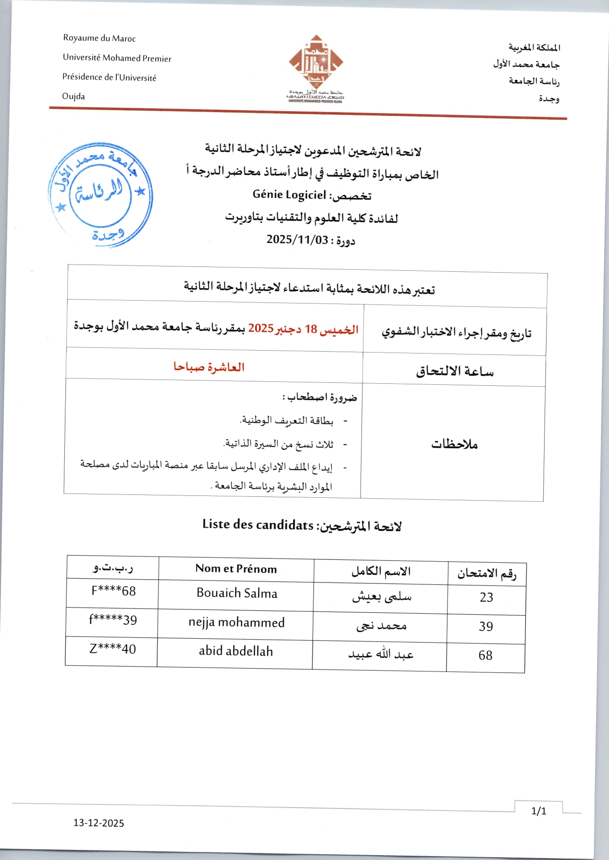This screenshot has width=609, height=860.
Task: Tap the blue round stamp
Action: tap(100, 195)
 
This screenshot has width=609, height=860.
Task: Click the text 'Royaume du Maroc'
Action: tap(99, 38)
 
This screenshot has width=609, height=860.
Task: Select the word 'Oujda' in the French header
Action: tap(74, 96)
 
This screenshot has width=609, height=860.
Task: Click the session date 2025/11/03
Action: tap(297, 240)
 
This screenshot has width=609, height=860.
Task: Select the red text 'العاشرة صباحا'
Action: tap(209, 367)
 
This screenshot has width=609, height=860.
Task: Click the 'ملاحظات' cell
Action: tap(454, 444)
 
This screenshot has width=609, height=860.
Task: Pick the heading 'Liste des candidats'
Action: tap(258, 524)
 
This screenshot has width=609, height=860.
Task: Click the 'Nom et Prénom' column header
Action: tap(236, 569)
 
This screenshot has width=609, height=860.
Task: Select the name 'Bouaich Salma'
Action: tap(237, 593)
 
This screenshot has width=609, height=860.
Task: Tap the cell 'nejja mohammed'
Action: tap(236, 622)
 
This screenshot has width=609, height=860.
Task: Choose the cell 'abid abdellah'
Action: tap(236, 651)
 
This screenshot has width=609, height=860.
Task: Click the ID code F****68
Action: tap(113, 591)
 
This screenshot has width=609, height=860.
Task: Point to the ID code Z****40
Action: tap(112, 649)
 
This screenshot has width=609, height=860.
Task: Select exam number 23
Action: tap(486, 597)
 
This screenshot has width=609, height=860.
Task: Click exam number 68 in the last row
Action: tap(485, 656)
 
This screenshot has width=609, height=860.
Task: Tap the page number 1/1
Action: tap(539, 811)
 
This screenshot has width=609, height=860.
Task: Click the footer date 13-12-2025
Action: tap(99, 823)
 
